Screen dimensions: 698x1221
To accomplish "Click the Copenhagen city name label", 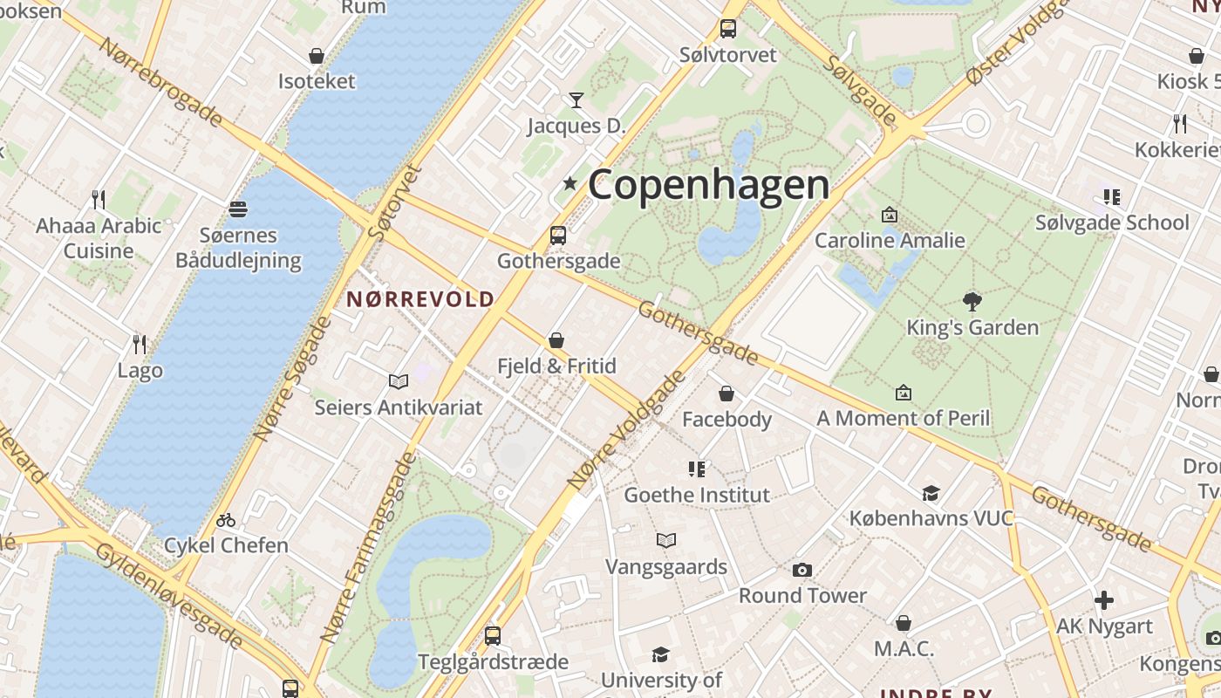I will tap(708, 185).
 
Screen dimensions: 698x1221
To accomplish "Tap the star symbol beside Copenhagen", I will tap(570, 183).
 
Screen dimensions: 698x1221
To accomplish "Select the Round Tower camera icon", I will tap(802, 571).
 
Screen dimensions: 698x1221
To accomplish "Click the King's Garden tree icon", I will tap(972, 302).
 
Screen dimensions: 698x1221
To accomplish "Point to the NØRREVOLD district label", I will tap(420, 299).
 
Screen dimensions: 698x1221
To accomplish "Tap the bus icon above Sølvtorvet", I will tap(728, 29).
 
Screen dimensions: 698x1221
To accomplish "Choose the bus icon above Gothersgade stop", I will tap(558, 236).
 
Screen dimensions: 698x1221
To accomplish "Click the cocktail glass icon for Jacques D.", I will tap(576, 100).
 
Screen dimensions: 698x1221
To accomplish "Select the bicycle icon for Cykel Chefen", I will tap(226, 520).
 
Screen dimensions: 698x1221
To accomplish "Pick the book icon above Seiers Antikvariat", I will tap(399, 381).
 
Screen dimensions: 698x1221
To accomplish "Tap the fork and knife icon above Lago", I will tap(138, 344).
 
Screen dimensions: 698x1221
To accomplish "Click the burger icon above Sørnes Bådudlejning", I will tap(238, 209).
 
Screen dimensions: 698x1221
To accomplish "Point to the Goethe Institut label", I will tap(697, 495).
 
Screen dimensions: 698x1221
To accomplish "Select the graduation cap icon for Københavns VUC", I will tap(931, 493).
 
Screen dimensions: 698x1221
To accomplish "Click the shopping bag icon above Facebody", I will tap(726, 394).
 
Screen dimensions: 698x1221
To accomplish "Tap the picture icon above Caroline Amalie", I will tap(890, 215).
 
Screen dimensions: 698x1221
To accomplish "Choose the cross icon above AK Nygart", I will tap(1104, 600).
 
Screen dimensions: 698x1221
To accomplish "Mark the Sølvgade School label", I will tap(1112, 222).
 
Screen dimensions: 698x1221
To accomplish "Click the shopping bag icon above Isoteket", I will tap(317, 57).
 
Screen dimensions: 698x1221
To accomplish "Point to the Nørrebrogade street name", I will tap(160, 83).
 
